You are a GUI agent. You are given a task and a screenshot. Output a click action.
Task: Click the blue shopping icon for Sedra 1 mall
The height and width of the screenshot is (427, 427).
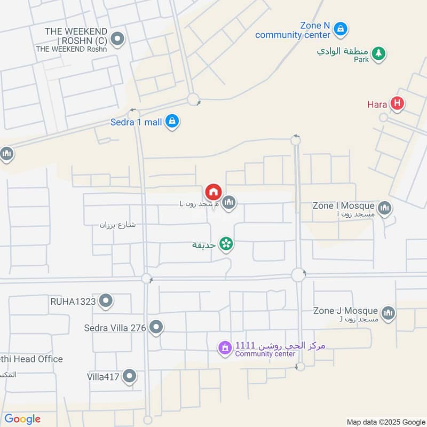pyautogui.click(x=172, y=122)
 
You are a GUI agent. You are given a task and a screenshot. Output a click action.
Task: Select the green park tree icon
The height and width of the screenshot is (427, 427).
pyautogui.click(x=378, y=53)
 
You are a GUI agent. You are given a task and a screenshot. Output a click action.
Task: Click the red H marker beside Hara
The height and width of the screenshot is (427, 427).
pyautogui.click(x=397, y=104)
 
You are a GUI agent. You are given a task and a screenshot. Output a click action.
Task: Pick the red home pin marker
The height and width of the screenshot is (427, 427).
pyautogui.click(x=212, y=192)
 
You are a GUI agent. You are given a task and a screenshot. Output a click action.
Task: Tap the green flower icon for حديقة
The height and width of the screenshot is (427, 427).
pyautogui.click(x=226, y=244)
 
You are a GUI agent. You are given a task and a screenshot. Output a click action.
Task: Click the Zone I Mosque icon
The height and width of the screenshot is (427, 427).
pyautogui.click(x=384, y=208)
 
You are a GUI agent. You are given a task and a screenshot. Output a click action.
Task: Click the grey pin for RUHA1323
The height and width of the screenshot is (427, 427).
pyautogui.click(x=106, y=302)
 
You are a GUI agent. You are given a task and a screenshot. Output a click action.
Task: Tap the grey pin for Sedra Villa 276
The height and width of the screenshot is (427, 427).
pyautogui.click(x=156, y=327)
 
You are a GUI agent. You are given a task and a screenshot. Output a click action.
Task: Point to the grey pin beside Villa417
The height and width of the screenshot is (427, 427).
pyautogui.click(x=129, y=377)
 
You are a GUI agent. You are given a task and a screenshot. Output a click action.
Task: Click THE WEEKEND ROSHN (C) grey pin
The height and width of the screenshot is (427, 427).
pyautogui.click(x=118, y=39)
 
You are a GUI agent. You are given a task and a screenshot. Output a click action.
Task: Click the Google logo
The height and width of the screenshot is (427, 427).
pyautogui.click(x=22, y=419)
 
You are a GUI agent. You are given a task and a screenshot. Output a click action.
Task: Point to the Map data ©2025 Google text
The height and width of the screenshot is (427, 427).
pyautogui.click(x=385, y=421)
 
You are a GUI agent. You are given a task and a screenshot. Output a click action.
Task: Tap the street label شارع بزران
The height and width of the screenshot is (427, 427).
pyautogui.click(x=117, y=225)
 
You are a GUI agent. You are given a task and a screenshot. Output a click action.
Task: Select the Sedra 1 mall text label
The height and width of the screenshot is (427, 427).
pyautogui.click(x=136, y=122)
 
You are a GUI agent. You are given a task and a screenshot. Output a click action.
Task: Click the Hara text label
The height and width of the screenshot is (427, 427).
pyautogui.click(x=377, y=104)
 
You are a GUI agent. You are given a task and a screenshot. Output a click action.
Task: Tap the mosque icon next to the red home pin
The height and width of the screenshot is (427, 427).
pyautogui.click(x=229, y=202)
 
